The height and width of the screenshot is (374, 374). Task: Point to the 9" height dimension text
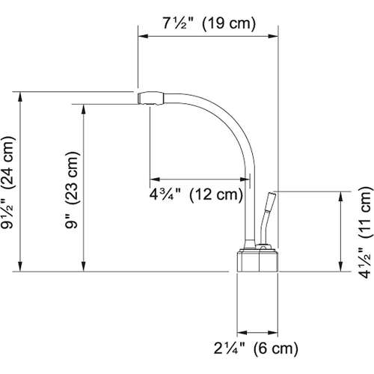pos(71,227)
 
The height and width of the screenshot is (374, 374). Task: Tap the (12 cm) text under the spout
pos(215,197)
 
